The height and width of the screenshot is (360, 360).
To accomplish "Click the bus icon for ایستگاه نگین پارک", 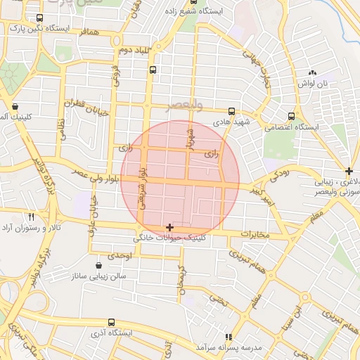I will click(39, 18).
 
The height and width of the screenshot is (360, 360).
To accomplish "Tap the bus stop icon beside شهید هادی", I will click(231, 111).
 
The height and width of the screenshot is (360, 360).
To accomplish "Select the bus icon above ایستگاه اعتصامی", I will click(291, 117).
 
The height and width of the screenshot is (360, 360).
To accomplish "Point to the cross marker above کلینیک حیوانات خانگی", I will click(169, 228).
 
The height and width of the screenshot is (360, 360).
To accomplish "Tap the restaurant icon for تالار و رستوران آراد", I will click(30, 217).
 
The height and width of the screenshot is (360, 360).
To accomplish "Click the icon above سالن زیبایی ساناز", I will click(98, 265).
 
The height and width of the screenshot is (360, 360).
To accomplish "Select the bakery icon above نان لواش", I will click(312, 72).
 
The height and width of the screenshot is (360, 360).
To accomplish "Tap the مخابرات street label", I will click(255, 233).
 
